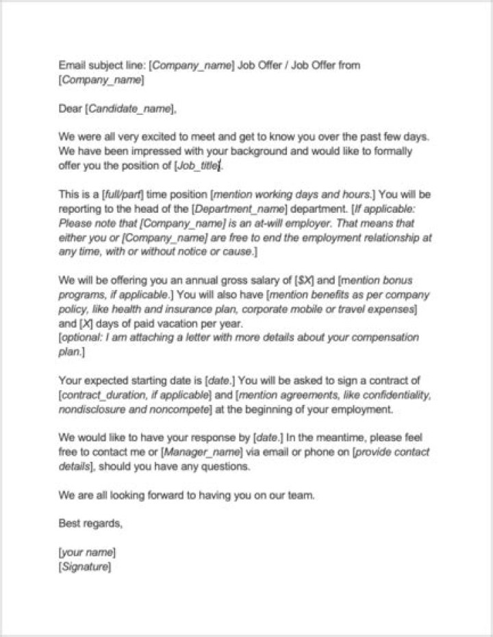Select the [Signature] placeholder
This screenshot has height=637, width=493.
pyautogui.click(x=85, y=567)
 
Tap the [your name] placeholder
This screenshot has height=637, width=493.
pyautogui.click(x=87, y=552)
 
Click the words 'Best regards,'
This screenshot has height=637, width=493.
pyautogui.click(x=91, y=523)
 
